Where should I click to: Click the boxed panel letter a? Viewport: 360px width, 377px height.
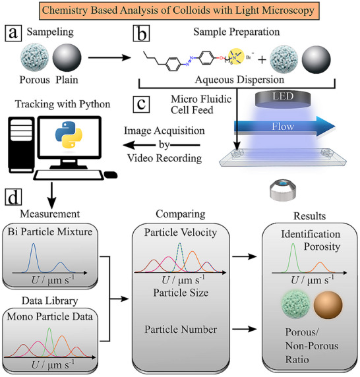click(13, 33)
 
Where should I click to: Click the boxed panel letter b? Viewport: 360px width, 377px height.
click(141, 33)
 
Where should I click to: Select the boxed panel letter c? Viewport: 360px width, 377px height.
click(141, 105)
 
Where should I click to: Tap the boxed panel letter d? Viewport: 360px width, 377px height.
click(13, 197)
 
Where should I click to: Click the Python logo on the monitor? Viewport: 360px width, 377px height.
click(69, 134)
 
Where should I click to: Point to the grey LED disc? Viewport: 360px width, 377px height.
click(283, 100)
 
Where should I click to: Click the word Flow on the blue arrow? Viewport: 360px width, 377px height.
click(283, 127)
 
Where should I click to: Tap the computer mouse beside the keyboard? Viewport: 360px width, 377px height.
click(111, 175)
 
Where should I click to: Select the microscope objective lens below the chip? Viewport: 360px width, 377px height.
click(283, 190)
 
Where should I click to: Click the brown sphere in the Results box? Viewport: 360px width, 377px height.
click(328, 305)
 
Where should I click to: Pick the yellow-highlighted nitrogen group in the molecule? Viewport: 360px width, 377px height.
click(236, 57)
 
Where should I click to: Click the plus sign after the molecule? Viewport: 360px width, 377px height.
click(262, 59)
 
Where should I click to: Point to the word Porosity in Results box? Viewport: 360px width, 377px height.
click(322, 246)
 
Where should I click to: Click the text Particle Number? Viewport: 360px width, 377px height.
click(181, 330)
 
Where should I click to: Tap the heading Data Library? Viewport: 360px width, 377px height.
click(49, 301)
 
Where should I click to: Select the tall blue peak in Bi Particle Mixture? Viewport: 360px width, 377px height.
click(34, 257)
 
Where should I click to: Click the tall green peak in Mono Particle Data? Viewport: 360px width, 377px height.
click(49, 342)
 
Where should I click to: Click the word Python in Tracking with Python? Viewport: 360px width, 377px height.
click(95, 104)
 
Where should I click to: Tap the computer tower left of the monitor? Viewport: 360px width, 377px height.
click(21, 145)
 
